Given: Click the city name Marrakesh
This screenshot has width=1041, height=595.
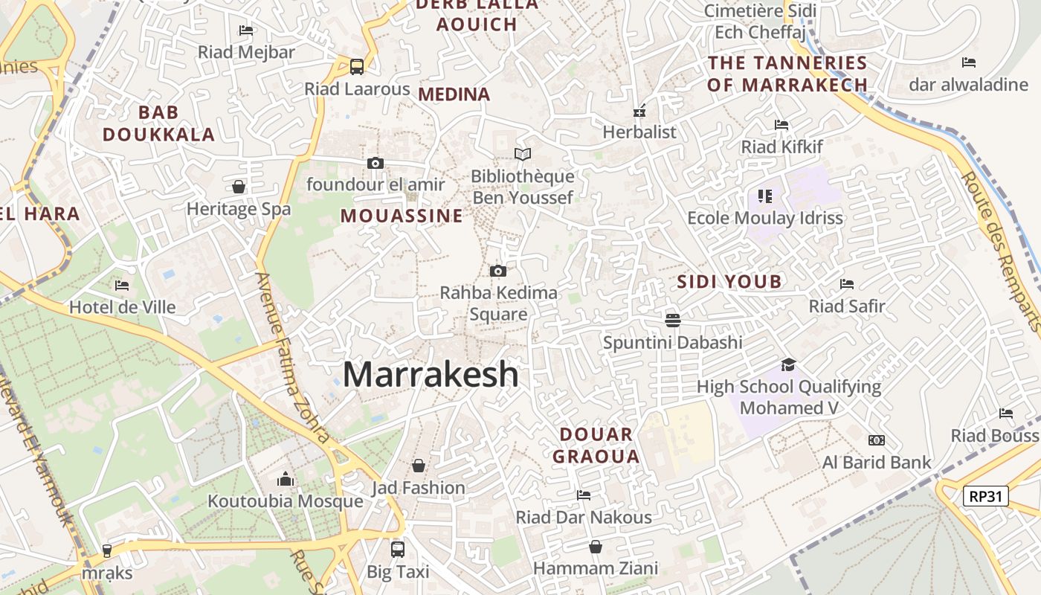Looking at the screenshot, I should (431, 374).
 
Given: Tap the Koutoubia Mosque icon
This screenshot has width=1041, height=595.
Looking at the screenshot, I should (286, 480).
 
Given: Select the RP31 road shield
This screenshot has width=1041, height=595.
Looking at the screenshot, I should (985, 496).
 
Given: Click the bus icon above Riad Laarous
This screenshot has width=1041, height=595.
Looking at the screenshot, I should (357, 66).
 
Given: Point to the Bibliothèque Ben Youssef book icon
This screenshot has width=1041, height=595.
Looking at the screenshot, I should (523, 154).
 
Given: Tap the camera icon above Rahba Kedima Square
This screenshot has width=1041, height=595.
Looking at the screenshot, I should (498, 271).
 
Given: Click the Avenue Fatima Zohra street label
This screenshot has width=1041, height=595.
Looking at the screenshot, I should (293, 357).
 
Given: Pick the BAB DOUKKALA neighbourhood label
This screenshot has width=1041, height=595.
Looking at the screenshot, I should (158, 123).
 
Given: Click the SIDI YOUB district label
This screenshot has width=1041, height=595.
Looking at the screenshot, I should (729, 281).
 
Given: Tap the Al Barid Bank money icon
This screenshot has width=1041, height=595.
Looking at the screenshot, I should (876, 440).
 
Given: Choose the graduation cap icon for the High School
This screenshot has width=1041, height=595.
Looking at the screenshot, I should (788, 364).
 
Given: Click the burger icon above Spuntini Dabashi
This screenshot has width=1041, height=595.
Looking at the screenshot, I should (673, 321).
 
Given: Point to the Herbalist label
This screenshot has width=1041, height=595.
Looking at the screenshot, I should (639, 132).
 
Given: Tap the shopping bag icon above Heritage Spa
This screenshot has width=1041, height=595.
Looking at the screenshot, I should (239, 186).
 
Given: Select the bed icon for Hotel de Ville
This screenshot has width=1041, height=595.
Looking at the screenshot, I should (122, 285).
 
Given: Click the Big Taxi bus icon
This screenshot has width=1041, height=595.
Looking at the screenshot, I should (398, 550).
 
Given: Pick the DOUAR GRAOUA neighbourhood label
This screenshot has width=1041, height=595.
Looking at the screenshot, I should (596, 445).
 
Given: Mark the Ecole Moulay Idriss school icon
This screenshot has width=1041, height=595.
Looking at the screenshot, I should (764, 196).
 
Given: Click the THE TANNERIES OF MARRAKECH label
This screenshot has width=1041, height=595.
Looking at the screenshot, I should (787, 74).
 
